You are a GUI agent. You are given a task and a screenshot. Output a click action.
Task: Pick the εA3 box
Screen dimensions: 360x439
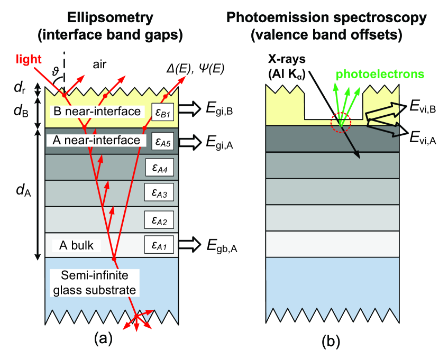[x=159, y=194]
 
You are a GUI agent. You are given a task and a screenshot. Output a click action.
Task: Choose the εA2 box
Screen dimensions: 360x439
[x=159, y=219]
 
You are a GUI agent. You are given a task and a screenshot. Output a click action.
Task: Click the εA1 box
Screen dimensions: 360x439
[x=159, y=245]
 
